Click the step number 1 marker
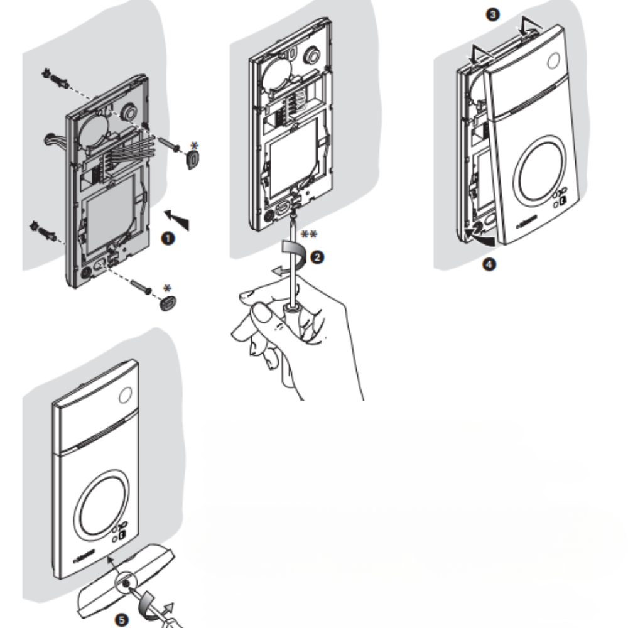click(168, 239)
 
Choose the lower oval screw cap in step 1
click(167, 303)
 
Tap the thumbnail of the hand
click(259, 313)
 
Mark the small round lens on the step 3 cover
click(553, 61)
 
